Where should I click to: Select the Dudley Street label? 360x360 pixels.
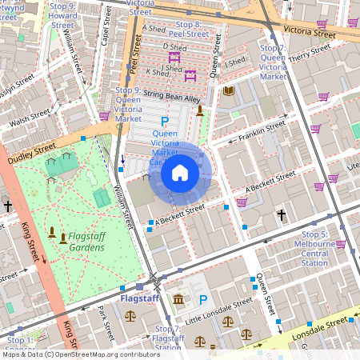click(34, 150)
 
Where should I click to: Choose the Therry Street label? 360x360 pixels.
click(310, 54)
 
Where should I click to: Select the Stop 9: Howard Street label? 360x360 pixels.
click(62, 15)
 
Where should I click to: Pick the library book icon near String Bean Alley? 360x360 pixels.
click(229, 91)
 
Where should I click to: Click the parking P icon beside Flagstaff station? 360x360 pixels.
click(202, 300)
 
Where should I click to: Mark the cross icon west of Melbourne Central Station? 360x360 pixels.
click(282, 215)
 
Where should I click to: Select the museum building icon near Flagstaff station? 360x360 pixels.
click(178, 299)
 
